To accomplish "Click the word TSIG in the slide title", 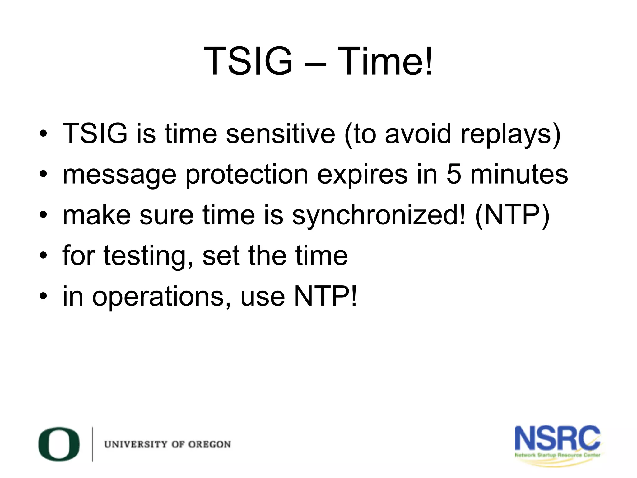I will (x=248, y=61).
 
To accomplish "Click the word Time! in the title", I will (x=385, y=61).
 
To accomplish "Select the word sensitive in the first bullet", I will (x=281, y=134).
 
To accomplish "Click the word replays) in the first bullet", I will (x=510, y=134).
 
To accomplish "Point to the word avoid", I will (x=418, y=134).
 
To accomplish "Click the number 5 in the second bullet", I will (x=454, y=174).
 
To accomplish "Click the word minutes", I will (x=519, y=174).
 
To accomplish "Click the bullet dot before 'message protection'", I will (x=43, y=174).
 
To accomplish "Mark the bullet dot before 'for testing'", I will (x=43, y=256).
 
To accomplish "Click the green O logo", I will (x=59, y=444).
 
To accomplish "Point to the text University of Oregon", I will (x=168, y=444).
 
